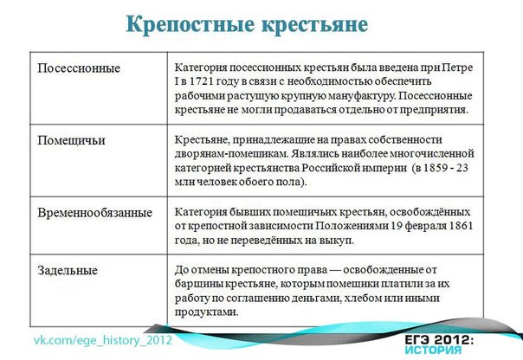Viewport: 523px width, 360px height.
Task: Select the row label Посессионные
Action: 79,68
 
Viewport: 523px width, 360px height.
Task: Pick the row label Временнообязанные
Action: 95,213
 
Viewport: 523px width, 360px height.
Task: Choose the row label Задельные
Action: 68,270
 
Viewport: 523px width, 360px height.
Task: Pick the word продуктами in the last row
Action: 206,312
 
